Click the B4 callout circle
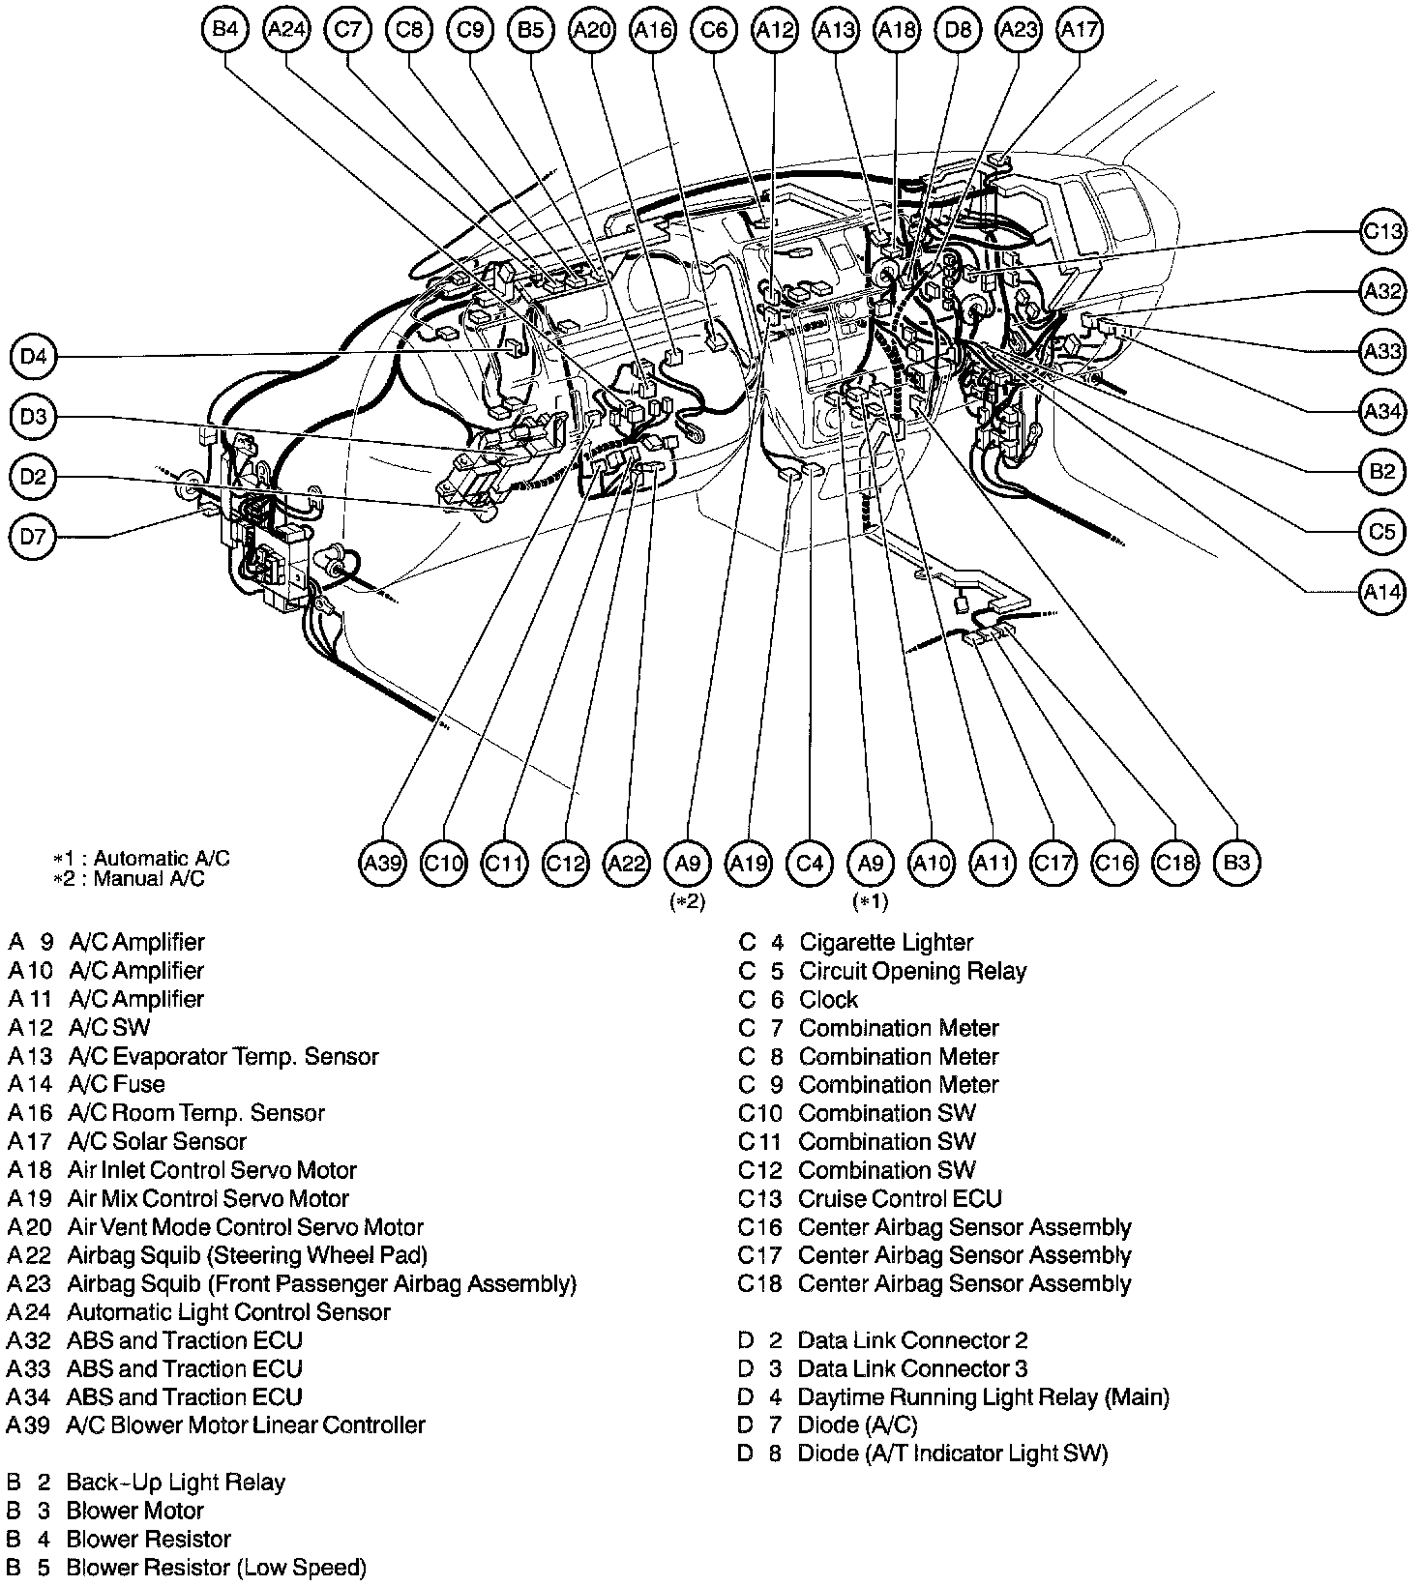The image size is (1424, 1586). [225, 29]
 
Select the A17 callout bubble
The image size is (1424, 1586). [1080, 29]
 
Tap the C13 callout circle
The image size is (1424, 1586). [1382, 231]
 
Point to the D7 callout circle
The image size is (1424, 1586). [33, 535]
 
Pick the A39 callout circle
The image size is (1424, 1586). [384, 862]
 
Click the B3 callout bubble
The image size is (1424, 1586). [1237, 862]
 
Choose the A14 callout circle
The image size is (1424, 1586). [1382, 591]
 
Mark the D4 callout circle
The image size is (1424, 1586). [33, 357]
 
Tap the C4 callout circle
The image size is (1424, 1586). [811, 862]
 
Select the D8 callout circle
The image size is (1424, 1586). [958, 29]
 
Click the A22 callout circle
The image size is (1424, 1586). [627, 862]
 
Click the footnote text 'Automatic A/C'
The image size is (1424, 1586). [162, 858]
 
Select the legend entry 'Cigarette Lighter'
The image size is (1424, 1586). [885, 942]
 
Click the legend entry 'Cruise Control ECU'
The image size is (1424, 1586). [900, 1198]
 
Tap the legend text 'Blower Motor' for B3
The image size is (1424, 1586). [134, 1511]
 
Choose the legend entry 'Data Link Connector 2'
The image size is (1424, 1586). [912, 1340]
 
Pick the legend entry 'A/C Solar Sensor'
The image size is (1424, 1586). [157, 1141]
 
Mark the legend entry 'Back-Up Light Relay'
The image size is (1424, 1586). [175, 1483]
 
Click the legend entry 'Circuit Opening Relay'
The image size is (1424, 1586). [912, 970]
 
